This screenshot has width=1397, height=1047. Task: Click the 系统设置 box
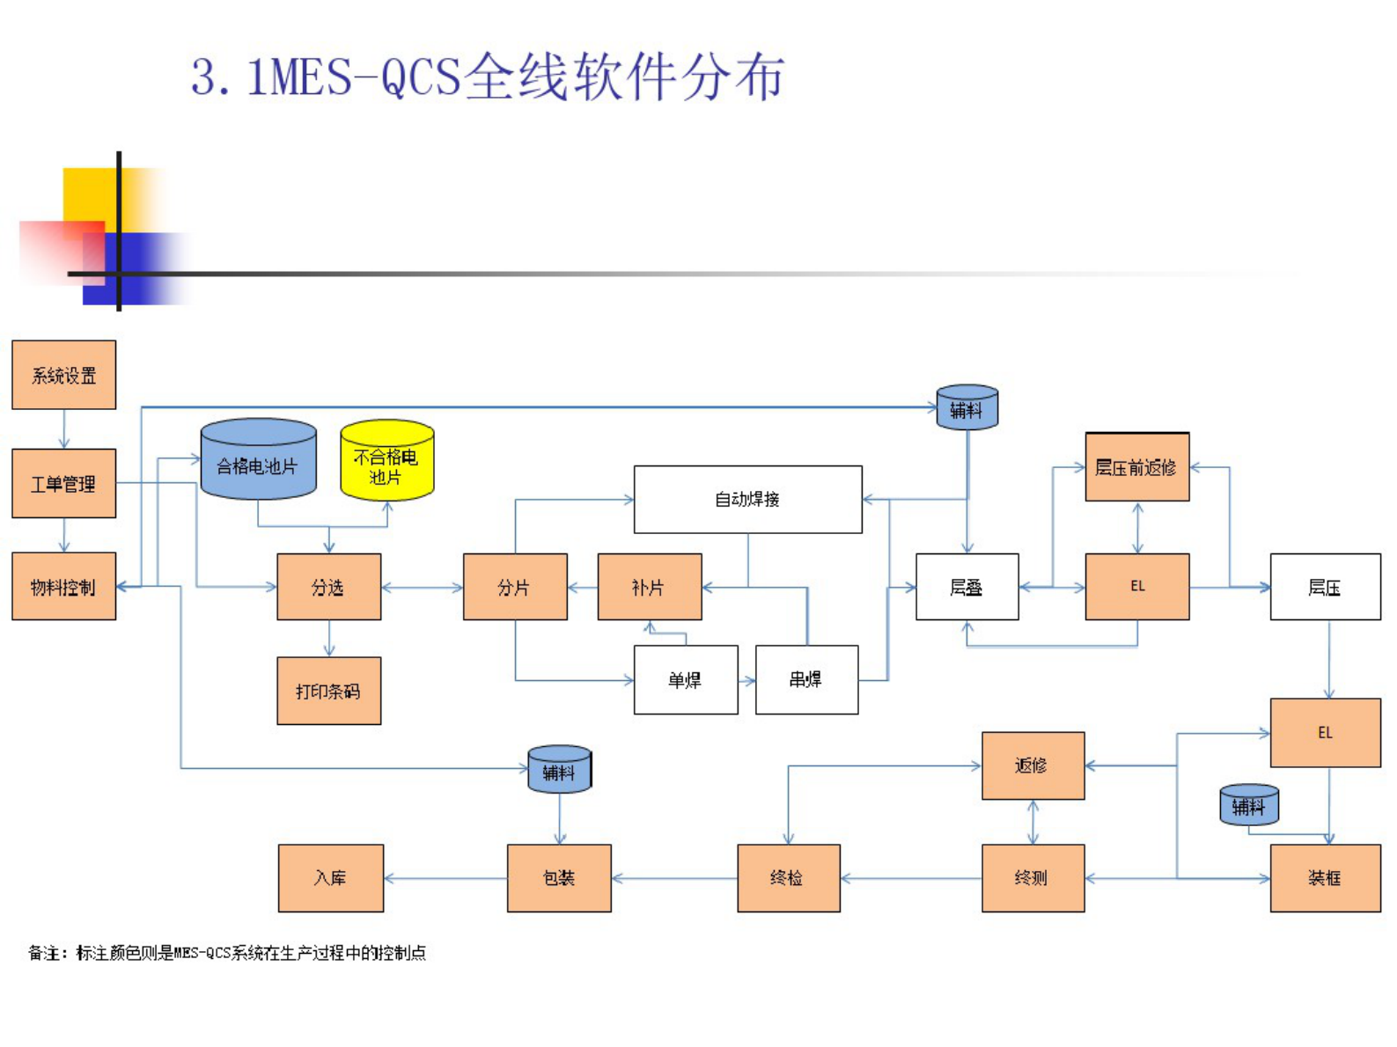(63, 375)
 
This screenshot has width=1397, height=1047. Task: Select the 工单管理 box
(63, 483)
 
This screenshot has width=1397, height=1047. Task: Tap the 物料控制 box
(63, 586)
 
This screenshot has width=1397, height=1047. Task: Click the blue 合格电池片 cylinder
(258, 464)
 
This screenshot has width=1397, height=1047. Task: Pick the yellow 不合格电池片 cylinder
(386, 465)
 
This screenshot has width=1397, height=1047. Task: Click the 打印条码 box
(328, 691)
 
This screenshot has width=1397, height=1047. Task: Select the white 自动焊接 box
(747, 499)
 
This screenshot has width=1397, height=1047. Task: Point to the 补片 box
(649, 587)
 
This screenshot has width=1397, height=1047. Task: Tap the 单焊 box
(685, 679)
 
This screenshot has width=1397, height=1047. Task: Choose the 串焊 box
(806, 679)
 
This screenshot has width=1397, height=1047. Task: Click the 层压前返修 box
(1136, 467)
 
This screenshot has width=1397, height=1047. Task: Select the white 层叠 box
(967, 587)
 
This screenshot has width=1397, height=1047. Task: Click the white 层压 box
(1324, 587)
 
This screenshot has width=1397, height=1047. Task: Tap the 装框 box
(1324, 877)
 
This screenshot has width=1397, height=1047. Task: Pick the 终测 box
(1032, 877)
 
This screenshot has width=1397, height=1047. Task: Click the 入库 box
(330, 877)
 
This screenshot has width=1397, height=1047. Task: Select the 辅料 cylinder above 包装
(559, 771)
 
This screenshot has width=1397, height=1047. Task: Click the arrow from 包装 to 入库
(445, 878)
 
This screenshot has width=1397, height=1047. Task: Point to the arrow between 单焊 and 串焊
(746, 680)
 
